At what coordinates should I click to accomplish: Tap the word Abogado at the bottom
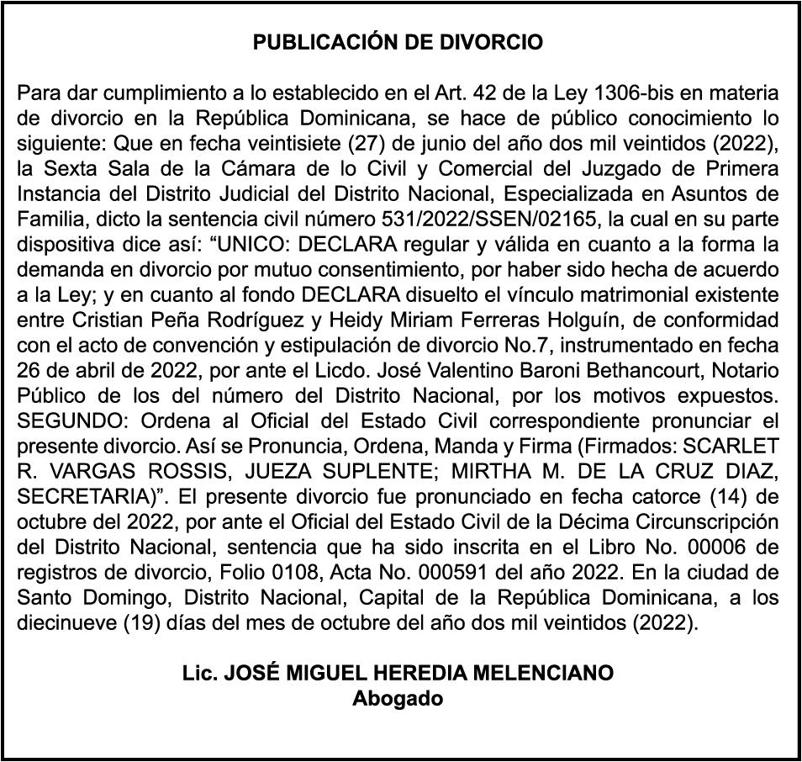(398, 698)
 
